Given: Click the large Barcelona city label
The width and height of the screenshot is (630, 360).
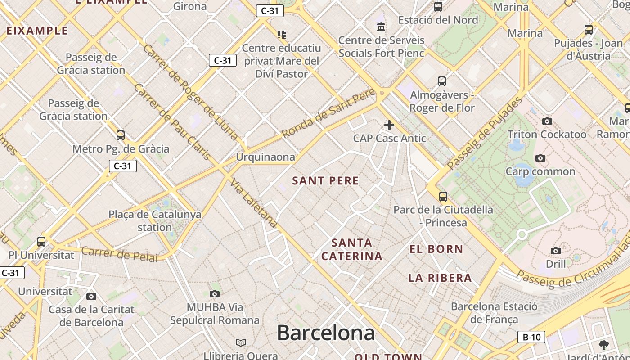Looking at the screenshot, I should [326, 333].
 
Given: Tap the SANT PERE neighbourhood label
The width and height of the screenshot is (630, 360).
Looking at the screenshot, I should [325, 181].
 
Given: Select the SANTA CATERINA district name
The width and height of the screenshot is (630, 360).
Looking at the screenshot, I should [352, 249].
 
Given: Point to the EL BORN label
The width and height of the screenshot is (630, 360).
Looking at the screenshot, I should [436, 249].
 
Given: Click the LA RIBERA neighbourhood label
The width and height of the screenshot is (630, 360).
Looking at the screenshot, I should [440, 278].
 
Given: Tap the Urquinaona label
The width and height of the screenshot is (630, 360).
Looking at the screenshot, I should [265, 157].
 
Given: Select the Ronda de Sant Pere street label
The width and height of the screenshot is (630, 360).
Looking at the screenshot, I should [328, 114].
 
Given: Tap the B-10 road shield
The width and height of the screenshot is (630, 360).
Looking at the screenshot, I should [531, 337].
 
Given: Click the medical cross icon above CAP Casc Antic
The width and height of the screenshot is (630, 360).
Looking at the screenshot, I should [389, 125].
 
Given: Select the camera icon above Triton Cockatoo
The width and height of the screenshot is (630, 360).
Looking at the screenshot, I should [547, 121].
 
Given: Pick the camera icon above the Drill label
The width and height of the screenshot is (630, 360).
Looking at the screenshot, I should [556, 251].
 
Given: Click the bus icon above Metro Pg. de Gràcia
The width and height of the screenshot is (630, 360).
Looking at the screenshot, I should [121, 135].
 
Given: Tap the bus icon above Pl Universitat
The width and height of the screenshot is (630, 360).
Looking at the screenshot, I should [41, 241].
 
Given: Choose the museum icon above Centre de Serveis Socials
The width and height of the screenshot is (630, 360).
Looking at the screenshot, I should [381, 27].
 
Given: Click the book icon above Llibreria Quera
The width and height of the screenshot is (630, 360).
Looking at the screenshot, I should [241, 343].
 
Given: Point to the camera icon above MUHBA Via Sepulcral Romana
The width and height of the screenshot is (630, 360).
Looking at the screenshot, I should [215, 294].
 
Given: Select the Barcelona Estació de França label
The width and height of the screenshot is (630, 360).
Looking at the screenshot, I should [494, 313].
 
